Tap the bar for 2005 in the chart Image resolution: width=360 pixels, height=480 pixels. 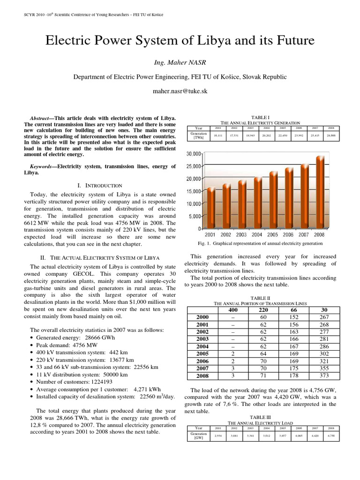click(x=273, y=200)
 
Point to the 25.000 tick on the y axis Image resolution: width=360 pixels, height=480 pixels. click(x=194, y=166)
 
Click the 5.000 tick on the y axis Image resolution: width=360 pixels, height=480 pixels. click(x=194, y=216)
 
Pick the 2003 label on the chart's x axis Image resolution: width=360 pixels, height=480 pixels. click(x=241, y=234)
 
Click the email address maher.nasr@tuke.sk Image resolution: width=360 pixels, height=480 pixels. click(x=180, y=92)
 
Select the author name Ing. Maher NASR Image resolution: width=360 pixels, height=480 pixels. click(x=180, y=63)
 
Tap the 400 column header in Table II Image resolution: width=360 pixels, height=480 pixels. click(x=232, y=310)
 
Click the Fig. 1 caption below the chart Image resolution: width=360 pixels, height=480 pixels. click(x=261, y=243)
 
